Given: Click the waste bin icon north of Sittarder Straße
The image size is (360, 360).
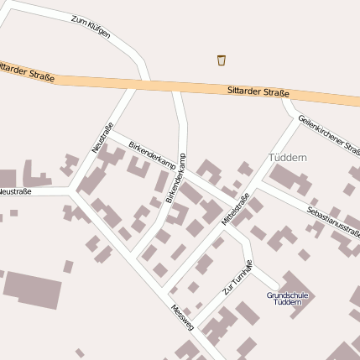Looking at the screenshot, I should [222, 60].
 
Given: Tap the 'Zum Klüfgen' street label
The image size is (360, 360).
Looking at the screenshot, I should [91, 29].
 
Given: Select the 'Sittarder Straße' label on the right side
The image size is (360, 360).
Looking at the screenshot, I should [258, 91].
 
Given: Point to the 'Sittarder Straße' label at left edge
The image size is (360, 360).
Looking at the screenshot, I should [25, 70].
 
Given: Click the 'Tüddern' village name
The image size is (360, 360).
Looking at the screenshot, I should [288, 158].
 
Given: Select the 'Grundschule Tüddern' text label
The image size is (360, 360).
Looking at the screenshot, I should [288, 299].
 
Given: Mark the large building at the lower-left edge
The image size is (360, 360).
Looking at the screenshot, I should [32, 288].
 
